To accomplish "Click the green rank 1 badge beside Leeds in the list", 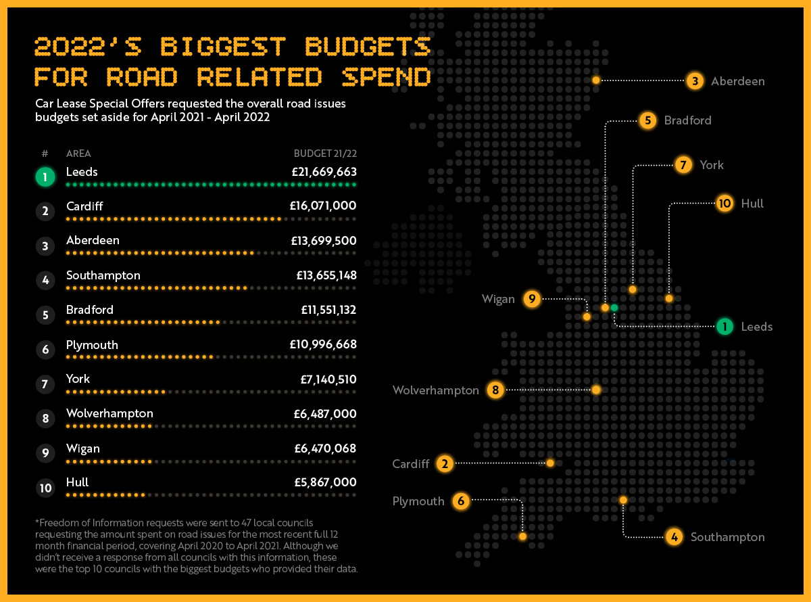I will pyautogui.click(x=45, y=177).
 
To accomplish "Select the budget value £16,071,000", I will pyautogui.click(x=323, y=206).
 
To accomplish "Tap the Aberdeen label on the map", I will pyautogui.click(x=737, y=81).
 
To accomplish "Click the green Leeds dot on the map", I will pyautogui.click(x=614, y=308).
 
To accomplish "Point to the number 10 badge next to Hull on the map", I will pyautogui.click(x=724, y=204).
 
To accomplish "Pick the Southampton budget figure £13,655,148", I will pyautogui.click(x=326, y=275).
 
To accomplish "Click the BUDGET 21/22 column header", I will pyautogui.click(x=325, y=154).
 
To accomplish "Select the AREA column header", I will pyautogui.click(x=78, y=154).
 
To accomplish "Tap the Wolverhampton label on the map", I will pyautogui.click(x=435, y=390).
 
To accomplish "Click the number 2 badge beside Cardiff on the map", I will pyautogui.click(x=445, y=464).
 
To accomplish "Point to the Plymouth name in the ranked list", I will pyautogui.click(x=92, y=345).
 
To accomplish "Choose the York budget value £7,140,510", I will pyautogui.click(x=328, y=379).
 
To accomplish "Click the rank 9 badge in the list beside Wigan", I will pyautogui.click(x=45, y=453).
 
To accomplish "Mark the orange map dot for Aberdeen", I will pyautogui.click(x=596, y=80).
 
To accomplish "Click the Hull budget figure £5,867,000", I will pyautogui.click(x=325, y=482).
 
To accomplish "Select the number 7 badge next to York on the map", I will pyautogui.click(x=683, y=165).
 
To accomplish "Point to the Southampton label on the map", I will pyautogui.click(x=727, y=537).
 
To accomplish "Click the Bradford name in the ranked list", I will pyautogui.click(x=90, y=310).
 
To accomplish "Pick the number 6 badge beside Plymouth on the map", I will pyautogui.click(x=461, y=501).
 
